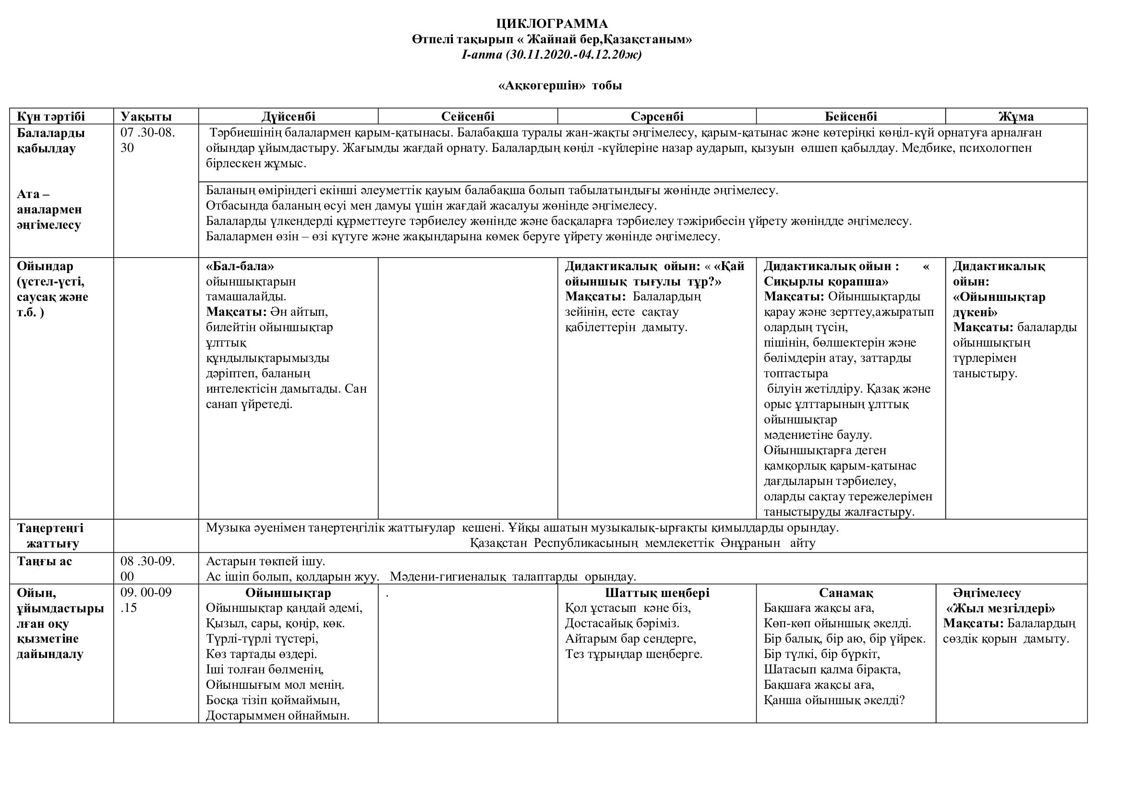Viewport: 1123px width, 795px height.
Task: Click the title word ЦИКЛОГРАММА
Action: pyautogui.click(x=552, y=24)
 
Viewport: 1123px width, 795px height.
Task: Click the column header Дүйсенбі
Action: pyautogui.click(x=288, y=116)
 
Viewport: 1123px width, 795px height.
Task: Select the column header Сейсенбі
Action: pyautogui.click(x=468, y=116)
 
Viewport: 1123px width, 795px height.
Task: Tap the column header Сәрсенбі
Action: pyautogui.click(x=657, y=116)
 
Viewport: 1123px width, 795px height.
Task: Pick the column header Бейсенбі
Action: pyautogui.click(x=851, y=116)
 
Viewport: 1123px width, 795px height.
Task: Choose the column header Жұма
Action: pyautogui.click(x=1016, y=116)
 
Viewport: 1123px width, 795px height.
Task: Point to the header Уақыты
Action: pyautogui.click(x=146, y=116)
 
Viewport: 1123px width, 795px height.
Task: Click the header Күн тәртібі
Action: pyautogui.click(x=51, y=116)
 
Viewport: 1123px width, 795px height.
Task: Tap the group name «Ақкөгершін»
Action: pyautogui.click(x=542, y=86)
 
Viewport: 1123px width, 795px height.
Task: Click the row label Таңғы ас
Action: pyautogui.click(x=45, y=561)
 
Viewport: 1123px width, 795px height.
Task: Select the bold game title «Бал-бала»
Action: pyautogui.click(x=240, y=266)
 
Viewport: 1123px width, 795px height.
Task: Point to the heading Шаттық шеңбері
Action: pyautogui.click(x=657, y=593)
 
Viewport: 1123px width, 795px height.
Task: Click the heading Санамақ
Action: pyautogui.click(x=845, y=593)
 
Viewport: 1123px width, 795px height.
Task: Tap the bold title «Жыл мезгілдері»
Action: pyautogui.click(x=1000, y=609)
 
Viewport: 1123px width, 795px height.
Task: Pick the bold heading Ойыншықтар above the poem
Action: pyautogui.click(x=288, y=593)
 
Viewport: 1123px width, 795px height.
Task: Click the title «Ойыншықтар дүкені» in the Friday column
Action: pyautogui.click(x=999, y=304)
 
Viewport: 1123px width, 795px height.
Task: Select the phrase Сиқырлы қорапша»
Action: pyautogui.click(x=826, y=282)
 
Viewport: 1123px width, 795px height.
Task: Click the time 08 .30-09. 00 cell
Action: pyautogui.click(x=148, y=569)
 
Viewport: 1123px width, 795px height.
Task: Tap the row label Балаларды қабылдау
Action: pyautogui.click(x=51, y=140)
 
